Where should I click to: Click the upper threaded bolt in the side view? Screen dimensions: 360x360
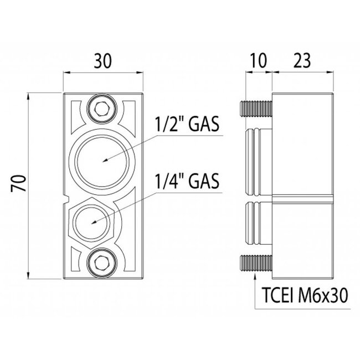[x=255, y=109]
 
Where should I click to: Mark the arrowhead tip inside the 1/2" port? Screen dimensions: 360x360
[x=104, y=162]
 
